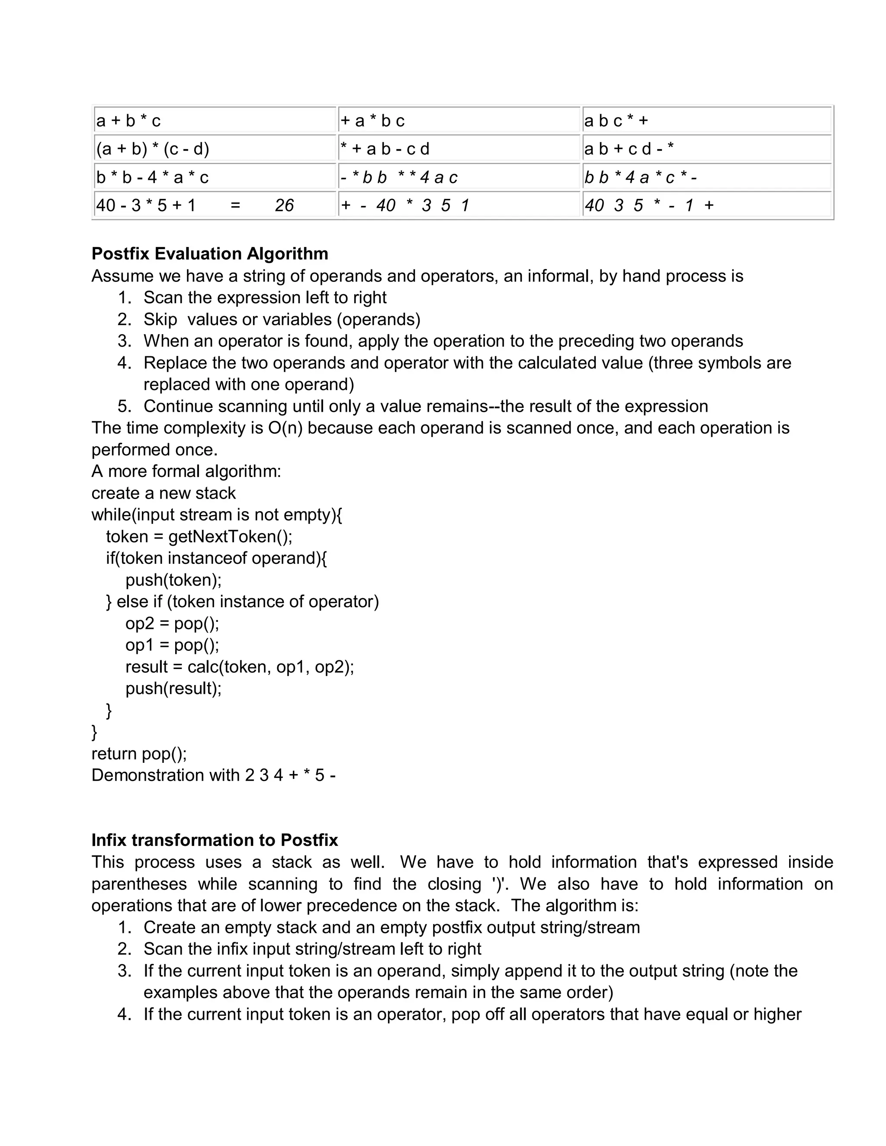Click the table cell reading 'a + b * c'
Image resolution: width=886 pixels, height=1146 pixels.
(x=128, y=121)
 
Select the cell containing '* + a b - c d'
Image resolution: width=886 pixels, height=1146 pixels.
(x=385, y=149)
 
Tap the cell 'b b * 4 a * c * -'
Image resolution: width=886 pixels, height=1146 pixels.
(x=641, y=177)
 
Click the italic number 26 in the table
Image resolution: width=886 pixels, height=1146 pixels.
(x=284, y=205)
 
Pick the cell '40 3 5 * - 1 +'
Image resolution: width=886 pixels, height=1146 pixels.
(x=649, y=205)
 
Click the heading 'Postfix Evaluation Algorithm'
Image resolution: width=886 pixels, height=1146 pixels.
(x=209, y=253)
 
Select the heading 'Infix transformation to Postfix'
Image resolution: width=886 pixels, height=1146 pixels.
(x=214, y=840)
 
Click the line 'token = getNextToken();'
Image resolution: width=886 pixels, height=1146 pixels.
(x=199, y=536)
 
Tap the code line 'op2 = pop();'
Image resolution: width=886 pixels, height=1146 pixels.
(x=172, y=623)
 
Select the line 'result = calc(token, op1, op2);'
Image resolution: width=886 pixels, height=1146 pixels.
(x=239, y=666)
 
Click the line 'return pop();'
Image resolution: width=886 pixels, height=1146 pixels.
(x=139, y=753)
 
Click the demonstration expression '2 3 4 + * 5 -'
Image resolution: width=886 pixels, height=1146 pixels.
(x=290, y=775)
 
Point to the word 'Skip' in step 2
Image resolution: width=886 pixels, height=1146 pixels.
(x=160, y=319)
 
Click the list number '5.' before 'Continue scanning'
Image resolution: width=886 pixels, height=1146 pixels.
(x=125, y=406)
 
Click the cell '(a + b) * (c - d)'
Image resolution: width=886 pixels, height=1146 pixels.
(x=153, y=149)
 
